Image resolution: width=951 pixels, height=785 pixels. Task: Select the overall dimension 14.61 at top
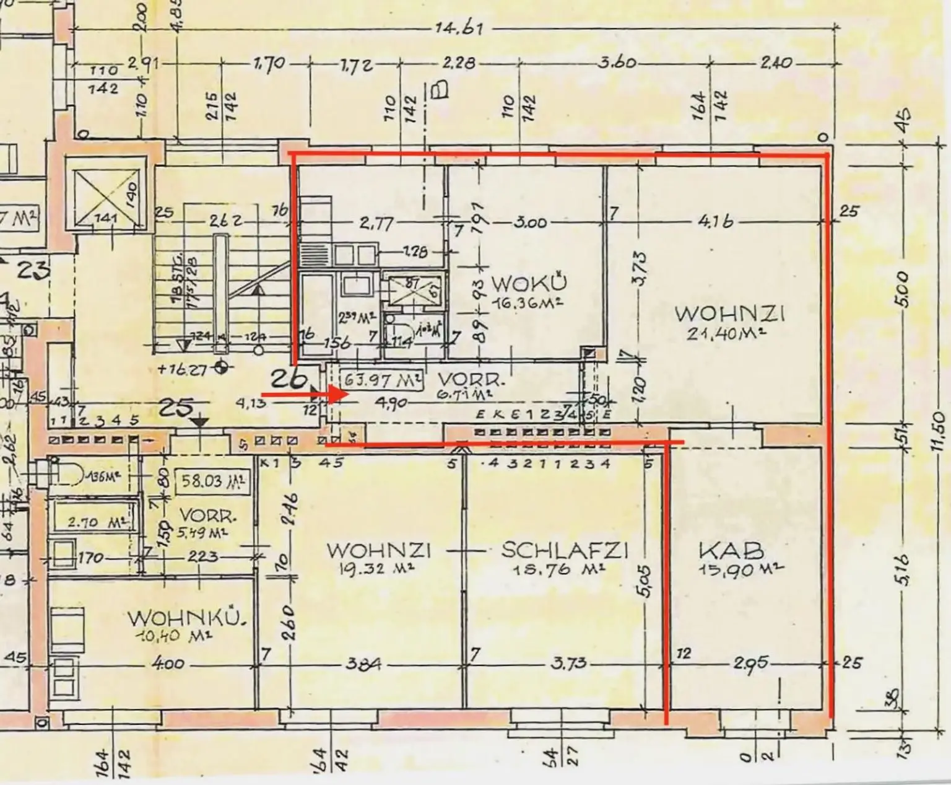click(x=459, y=29)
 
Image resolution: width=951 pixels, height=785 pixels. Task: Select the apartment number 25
click(x=178, y=408)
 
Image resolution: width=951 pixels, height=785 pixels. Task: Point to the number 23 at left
click(x=34, y=271)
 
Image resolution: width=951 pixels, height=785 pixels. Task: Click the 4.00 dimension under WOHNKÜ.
click(x=168, y=664)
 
